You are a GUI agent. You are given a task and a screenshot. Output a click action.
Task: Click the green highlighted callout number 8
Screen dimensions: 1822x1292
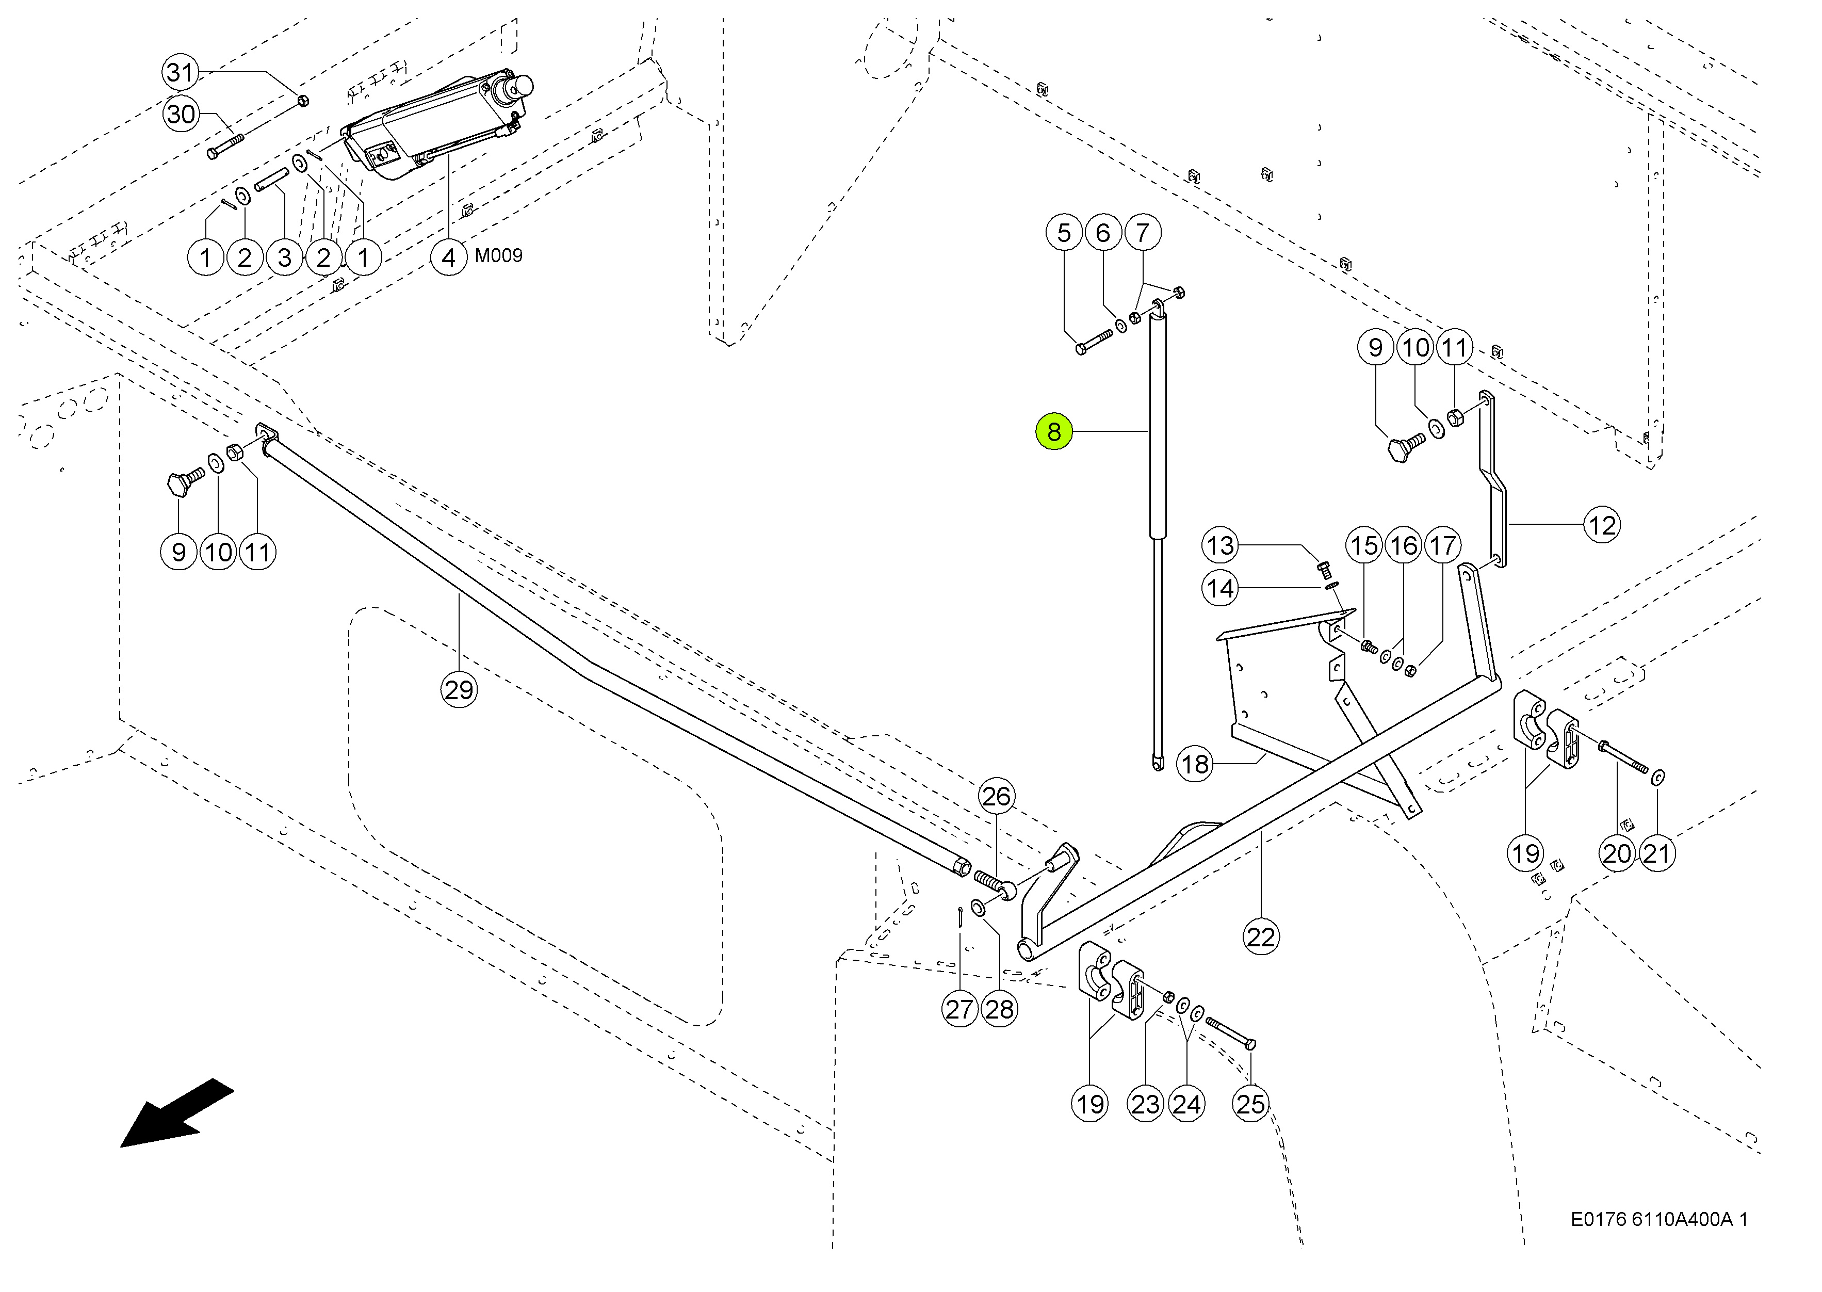[x=1054, y=432]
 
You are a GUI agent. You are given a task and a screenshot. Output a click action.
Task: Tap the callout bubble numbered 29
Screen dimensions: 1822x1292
[x=459, y=690]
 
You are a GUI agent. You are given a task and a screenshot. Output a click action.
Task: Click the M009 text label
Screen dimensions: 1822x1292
[x=499, y=255]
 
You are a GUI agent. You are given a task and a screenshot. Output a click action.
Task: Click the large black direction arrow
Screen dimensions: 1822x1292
[x=176, y=1113]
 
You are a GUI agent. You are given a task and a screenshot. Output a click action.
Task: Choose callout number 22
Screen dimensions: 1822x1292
[x=1261, y=936]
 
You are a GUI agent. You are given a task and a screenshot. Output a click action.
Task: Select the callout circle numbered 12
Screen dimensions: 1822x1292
[x=1602, y=525]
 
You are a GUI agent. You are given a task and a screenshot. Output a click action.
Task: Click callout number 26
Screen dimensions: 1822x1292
[x=996, y=796]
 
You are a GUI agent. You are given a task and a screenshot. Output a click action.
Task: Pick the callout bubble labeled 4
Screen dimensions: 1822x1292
[x=449, y=258]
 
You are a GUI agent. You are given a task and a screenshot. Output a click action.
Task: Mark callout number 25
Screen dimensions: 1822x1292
[x=1250, y=1104]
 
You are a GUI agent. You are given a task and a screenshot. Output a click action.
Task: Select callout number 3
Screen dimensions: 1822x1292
[x=284, y=258]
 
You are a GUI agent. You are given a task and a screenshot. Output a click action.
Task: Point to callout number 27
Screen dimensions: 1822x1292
[x=960, y=1009]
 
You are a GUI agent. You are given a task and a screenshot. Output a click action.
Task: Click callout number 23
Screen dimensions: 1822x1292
[x=1145, y=1104]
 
